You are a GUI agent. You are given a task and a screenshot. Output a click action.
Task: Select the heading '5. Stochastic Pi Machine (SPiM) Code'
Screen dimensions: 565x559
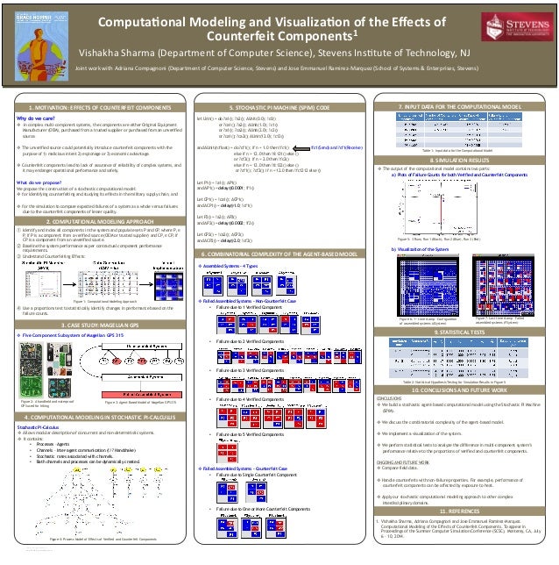279,105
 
